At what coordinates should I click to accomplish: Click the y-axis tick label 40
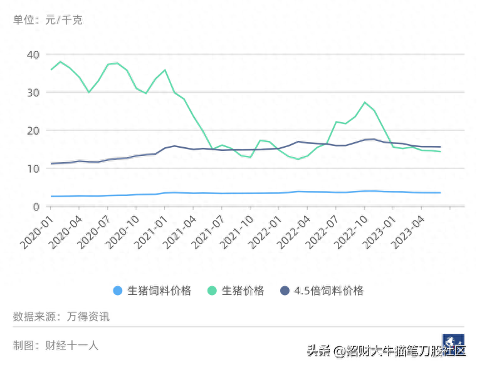tap(33, 54)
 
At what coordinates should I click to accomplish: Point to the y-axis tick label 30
tap(33, 93)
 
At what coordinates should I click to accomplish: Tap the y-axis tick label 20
tap(33, 131)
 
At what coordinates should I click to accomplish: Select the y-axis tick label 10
tap(33, 169)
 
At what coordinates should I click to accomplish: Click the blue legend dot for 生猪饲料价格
tap(117, 291)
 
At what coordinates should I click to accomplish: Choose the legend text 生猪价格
tap(243, 291)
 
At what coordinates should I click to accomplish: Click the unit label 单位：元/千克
tap(48, 20)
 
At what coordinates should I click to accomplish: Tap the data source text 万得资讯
tap(88, 317)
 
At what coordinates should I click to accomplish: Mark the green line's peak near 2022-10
tap(365, 102)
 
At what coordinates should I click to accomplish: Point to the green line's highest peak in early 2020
tap(60, 61)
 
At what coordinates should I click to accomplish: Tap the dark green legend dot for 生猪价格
tap(212, 291)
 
